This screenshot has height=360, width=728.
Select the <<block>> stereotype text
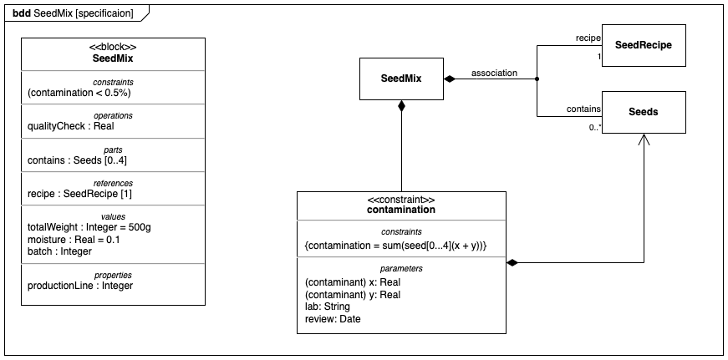pyautogui.click(x=113, y=48)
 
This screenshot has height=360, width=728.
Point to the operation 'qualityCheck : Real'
pyautogui.click(x=70, y=126)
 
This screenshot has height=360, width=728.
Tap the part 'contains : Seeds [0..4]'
pyautogui.click(x=77, y=160)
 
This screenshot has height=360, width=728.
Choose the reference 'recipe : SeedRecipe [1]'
pyautogui.click(x=79, y=194)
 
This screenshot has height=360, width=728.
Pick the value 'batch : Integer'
pyautogui.click(x=59, y=251)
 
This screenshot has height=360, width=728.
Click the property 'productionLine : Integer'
pyautogui.click(x=80, y=286)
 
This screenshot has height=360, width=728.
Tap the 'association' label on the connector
pyautogui.click(x=494, y=73)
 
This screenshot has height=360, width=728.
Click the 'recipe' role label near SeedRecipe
pyautogui.click(x=588, y=38)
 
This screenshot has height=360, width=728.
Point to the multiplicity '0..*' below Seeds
pyautogui.click(x=594, y=128)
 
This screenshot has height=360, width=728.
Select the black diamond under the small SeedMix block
pyautogui.click(x=401, y=106)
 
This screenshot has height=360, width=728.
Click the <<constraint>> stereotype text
pyautogui.click(x=401, y=200)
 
